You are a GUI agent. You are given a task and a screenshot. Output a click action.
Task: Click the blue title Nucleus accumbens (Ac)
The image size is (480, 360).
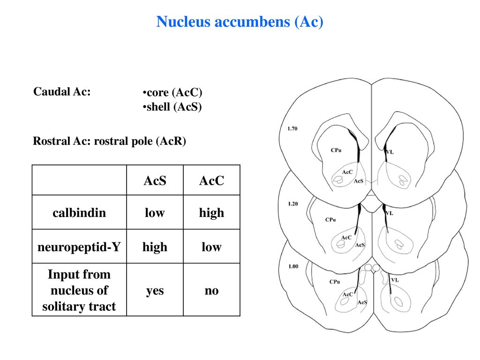(x=240, y=22)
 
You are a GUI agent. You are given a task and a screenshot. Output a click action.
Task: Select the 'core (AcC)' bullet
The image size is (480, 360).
(x=172, y=92)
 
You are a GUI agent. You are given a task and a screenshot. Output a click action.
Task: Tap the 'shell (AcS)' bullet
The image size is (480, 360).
(x=172, y=107)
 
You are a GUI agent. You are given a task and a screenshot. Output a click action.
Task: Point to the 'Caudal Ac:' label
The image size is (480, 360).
(x=62, y=91)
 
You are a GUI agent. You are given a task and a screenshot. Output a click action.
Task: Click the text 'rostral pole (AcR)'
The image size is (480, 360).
(x=140, y=141)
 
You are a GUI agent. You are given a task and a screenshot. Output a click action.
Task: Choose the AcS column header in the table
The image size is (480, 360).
(x=155, y=180)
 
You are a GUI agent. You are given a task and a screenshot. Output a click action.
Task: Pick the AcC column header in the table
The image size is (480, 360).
(x=211, y=180)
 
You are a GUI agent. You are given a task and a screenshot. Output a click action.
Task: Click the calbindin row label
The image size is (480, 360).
(x=79, y=213)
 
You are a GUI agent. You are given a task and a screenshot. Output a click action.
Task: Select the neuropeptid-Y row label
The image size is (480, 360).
(x=79, y=247)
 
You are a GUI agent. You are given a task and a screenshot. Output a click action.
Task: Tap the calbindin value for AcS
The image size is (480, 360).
(x=155, y=213)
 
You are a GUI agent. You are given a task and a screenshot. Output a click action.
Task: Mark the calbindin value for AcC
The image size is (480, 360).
(x=211, y=213)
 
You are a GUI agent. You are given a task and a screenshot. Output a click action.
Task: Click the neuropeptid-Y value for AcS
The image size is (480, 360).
(x=155, y=247)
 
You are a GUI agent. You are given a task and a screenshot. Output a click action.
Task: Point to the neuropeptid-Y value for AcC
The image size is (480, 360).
(x=211, y=247)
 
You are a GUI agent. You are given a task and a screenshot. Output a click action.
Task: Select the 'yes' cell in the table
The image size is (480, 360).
(x=155, y=291)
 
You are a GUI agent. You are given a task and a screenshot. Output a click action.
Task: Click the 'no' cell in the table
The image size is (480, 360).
(x=211, y=291)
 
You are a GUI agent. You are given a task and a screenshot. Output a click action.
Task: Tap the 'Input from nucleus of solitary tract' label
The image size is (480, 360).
(x=79, y=290)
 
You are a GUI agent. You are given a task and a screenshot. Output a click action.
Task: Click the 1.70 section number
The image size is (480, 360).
(x=292, y=128)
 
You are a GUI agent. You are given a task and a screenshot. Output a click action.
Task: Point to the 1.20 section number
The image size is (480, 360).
(x=293, y=203)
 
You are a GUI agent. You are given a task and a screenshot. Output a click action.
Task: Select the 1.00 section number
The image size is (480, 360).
(x=293, y=266)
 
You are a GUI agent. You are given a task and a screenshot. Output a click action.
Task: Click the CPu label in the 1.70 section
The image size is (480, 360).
(x=336, y=150)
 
